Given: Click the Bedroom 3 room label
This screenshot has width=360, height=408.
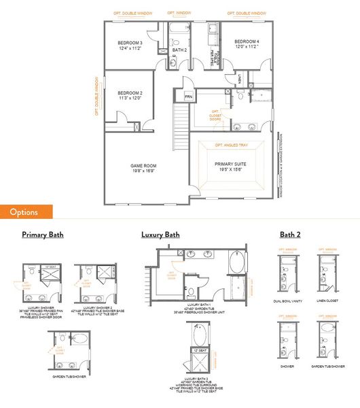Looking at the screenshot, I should click(x=131, y=46).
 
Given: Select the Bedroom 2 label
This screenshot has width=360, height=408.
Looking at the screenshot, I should click(x=130, y=96).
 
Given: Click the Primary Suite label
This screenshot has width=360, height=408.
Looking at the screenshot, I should click(x=231, y=166).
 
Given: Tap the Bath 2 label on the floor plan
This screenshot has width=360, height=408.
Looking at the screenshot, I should click(x=179, y=50).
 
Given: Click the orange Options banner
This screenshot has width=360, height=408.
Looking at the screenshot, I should click(x=24, y=211).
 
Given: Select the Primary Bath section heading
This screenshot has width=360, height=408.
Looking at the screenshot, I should click(x=42, y=235).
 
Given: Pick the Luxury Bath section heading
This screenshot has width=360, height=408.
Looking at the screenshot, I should click(x=160, y=235).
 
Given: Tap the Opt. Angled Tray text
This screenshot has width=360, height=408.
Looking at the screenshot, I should click(x=230, y=145).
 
